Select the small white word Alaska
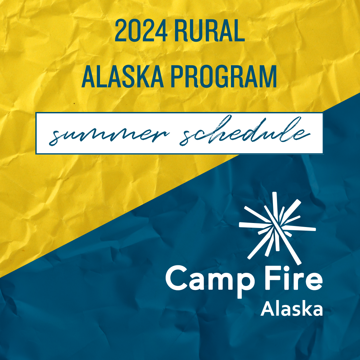292,309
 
